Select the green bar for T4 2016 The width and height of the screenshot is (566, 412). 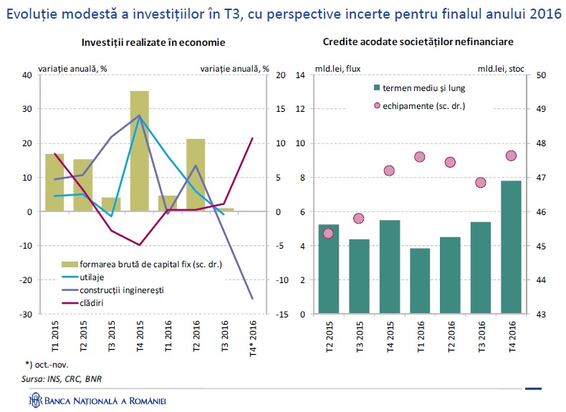point(511,246)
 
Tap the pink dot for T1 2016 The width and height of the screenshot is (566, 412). point(420,157)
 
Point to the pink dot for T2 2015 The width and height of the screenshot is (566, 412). point(328,233)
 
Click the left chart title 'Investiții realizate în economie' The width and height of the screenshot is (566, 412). point(153,43)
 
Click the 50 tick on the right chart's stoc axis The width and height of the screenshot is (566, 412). point(542,75)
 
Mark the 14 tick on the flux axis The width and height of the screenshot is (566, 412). point(301,75)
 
